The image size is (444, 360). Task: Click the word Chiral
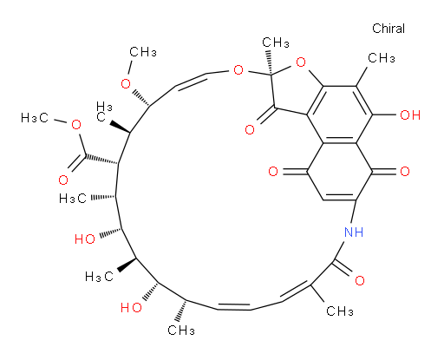(x=388, y=29)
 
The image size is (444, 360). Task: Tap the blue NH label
(x=354, y=232)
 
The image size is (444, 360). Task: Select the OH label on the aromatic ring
(x=410, y=115)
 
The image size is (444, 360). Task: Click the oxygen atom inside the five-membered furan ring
(x=301, y=62)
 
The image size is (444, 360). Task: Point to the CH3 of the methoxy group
(x=143, y=52)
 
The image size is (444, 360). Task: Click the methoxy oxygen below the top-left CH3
(x=126, y=84)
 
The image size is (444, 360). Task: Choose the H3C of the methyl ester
(x=35, y=118)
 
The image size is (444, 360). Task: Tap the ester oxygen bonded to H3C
(x=76, y=125)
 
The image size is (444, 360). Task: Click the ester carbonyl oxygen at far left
(x=63, y=180)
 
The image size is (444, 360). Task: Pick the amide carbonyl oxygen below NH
(x=360, y=280)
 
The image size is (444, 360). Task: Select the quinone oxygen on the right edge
(x=405, y=172)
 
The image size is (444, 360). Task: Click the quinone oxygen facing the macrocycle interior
(x=273, y=172)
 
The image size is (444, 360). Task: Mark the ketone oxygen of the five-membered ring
(x=250, y=129)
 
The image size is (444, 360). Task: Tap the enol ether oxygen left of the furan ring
(x=238, y=70)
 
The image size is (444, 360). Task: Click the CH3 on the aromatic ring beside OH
(x=382, y=58)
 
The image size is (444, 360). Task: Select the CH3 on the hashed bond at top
(x=276, y=43)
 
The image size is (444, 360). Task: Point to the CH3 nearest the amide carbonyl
(x=340, y=311)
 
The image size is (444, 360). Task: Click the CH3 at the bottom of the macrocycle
(x=181, y=330)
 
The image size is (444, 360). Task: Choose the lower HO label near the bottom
(x=131, y=307)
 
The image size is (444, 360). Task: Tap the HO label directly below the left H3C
(x=85, y=239)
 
